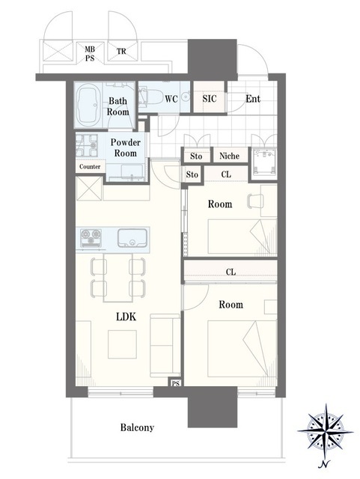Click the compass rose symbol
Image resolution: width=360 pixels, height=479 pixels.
pos(325,431)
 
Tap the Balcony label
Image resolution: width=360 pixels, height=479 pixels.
pos(137,427)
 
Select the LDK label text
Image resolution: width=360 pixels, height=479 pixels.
pos(126,317)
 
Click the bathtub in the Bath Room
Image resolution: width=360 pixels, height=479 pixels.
pos(88,105)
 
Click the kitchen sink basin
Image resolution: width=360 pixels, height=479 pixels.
pos(132,238)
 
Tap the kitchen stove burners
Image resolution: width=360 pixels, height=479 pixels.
pos(91,238)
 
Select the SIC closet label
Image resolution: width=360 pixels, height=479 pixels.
pos(210,98)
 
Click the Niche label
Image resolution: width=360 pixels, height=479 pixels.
pos(229,156)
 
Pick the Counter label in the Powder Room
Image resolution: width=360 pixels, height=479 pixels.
pos(90,167)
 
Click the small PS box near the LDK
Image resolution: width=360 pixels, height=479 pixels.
pos(175,383)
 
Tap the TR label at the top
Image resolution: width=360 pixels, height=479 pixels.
pos(121,51)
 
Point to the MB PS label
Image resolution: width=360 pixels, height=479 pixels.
pos(90,53)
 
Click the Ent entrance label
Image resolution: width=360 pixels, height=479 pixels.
pos(253,99)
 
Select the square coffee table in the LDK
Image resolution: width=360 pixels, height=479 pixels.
pos(122,344)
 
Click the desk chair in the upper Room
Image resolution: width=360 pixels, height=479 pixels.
pos(255,201)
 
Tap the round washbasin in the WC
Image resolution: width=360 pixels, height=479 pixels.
pos(185,97)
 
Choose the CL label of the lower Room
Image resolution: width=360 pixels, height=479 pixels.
pos(231,272)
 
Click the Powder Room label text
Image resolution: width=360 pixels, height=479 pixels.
pos(125,147)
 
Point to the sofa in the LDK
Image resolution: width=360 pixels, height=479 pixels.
pos(165,345)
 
